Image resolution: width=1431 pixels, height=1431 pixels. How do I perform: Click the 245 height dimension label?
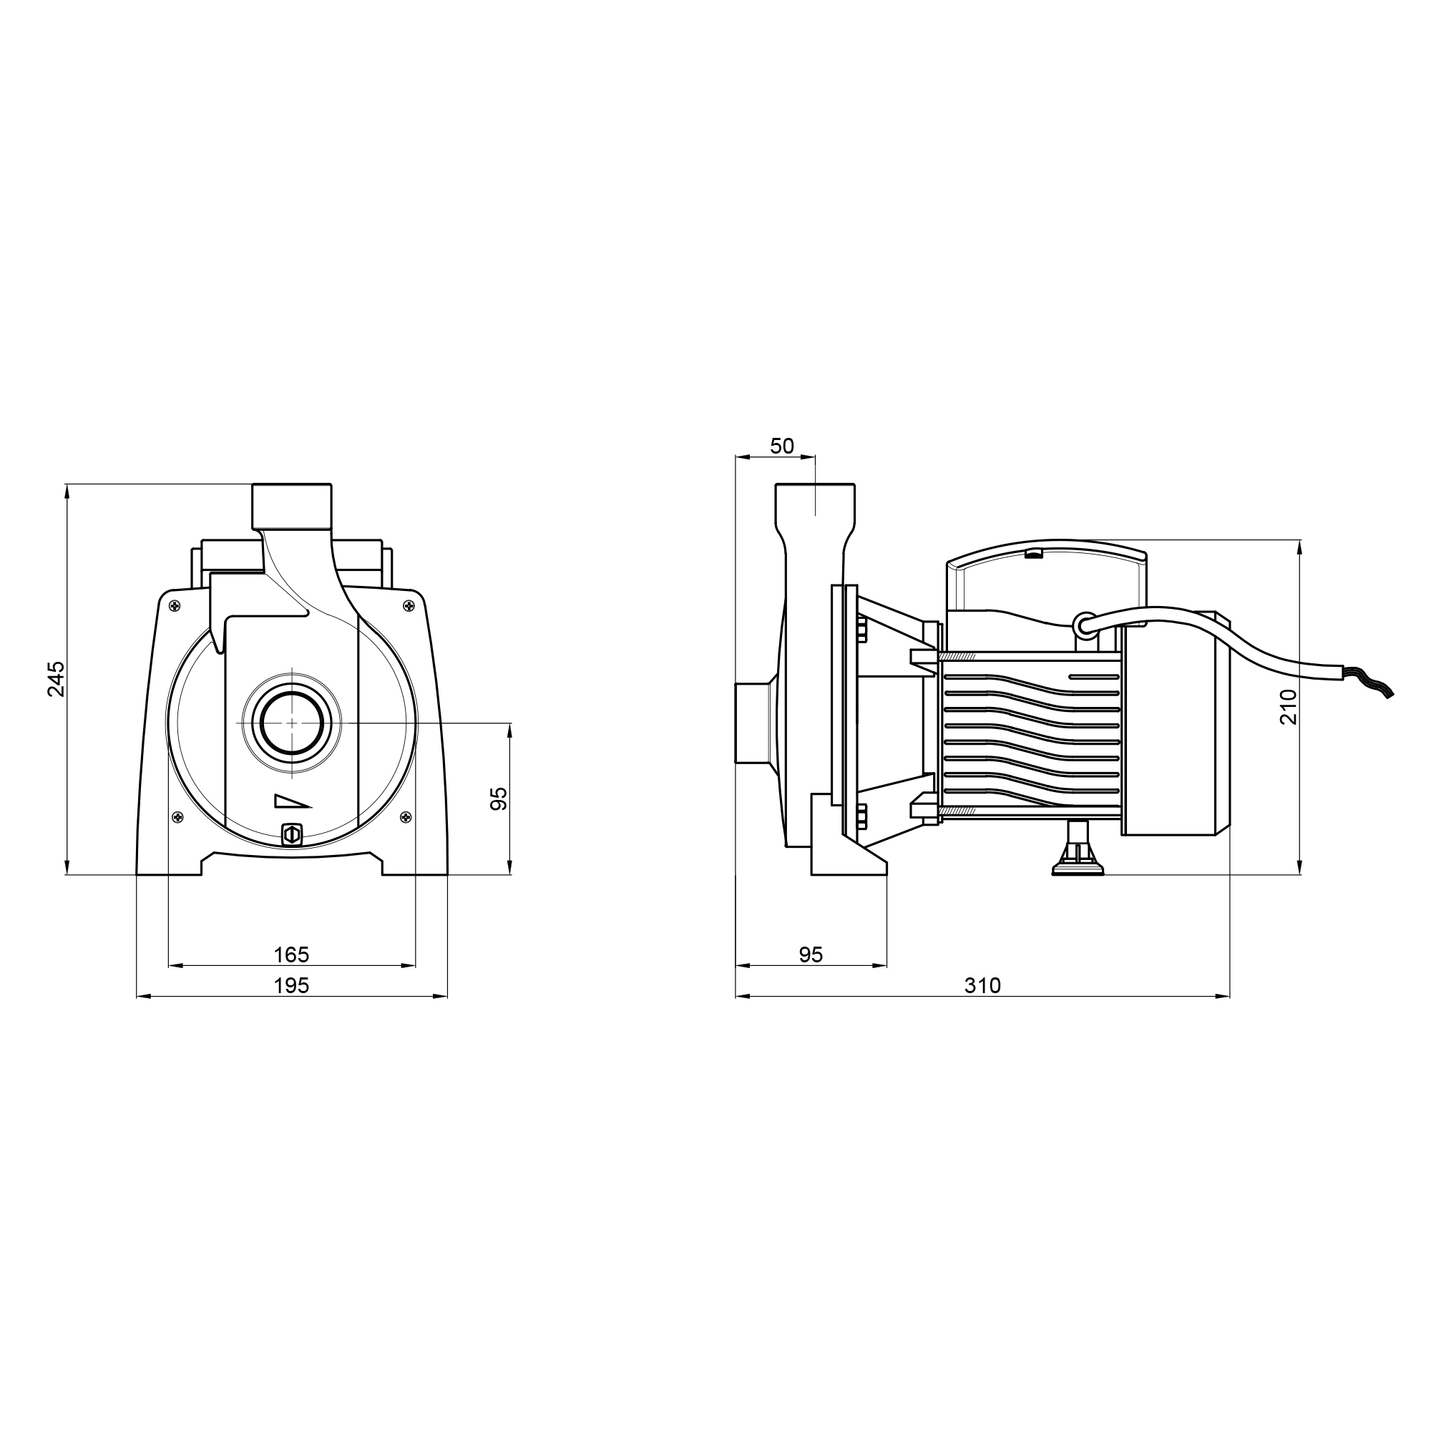pos(57,678)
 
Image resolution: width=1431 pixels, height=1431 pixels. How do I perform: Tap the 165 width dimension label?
pos(291,954)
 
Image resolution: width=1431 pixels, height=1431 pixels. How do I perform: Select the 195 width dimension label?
pos(291,986)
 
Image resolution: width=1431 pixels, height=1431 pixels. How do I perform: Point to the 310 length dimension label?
pos(982,986)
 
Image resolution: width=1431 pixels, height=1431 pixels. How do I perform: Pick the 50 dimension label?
pos(782,446)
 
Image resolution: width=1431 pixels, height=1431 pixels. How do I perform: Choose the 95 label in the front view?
pos(499,798)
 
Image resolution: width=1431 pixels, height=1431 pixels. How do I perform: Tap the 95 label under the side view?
pos(811,954)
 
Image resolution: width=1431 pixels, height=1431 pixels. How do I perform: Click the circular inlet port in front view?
pos(291,722)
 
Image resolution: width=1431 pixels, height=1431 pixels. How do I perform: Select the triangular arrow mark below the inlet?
pos(293,801)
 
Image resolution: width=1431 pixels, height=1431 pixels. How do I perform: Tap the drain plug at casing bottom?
pos(292,835)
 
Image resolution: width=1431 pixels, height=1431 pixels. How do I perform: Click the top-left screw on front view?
pos(175,607)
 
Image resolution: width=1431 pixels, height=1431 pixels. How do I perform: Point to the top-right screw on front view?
pos(408,607)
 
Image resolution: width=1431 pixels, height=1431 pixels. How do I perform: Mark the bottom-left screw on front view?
pos(177,817)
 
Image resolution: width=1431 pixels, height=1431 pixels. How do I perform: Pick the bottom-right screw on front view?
pos(405,817)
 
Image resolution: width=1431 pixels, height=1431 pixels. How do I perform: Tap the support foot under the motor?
pos(1078,849)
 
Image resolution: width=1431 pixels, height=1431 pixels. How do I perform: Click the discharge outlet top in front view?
pos(292,507)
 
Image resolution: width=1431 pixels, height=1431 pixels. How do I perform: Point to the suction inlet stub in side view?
pos(752,722)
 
